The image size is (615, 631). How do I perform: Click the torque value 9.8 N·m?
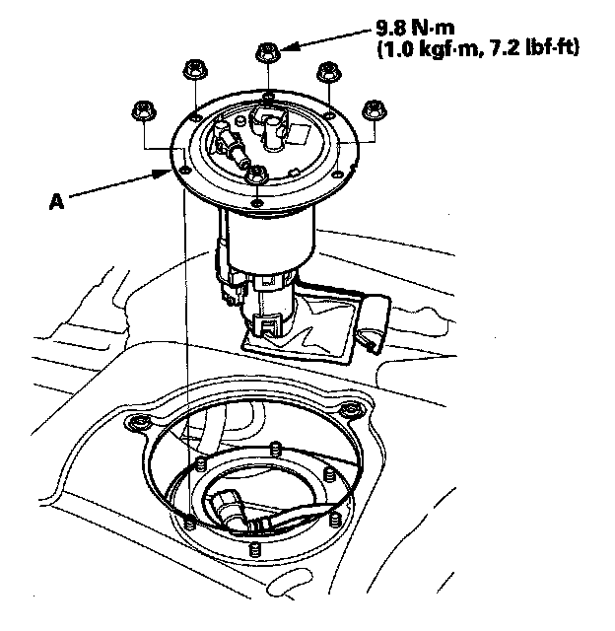[x=415, y=29]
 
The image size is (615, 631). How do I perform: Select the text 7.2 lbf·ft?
[x=534, y=48]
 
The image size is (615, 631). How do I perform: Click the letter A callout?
[x=57, y=201]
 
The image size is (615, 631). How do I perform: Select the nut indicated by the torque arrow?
[x=267, y=52]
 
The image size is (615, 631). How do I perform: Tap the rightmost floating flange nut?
[x=375, y=110]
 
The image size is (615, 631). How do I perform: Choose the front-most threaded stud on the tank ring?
[x=254, y=549]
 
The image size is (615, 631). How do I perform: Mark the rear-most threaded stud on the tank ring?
[x=275, y=449]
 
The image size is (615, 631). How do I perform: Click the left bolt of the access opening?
[x=139, y=423]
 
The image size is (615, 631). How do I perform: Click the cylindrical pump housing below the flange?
[x=269, y=241]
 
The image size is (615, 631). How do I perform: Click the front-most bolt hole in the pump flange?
[x=256, y=201]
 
